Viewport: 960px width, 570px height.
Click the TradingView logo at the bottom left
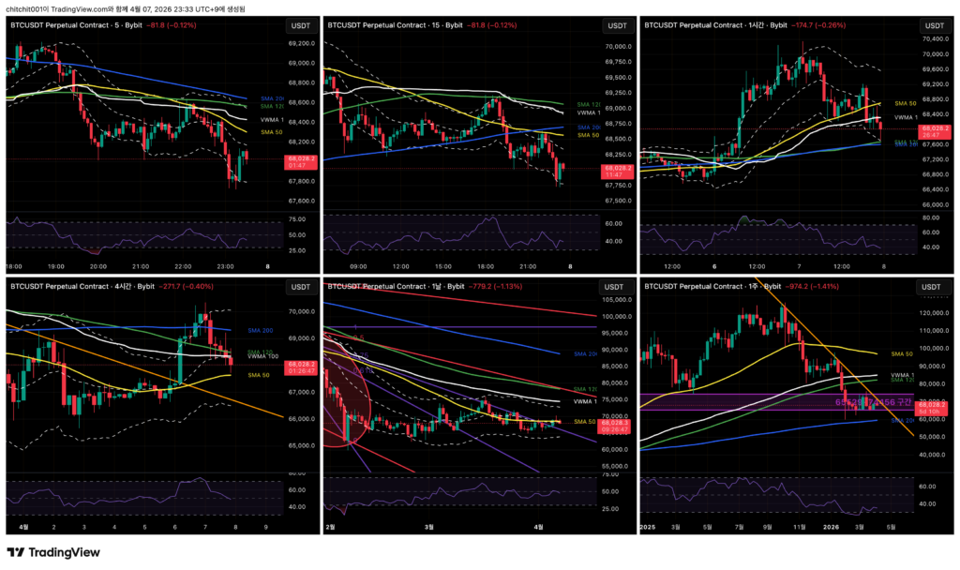tap(53, 552)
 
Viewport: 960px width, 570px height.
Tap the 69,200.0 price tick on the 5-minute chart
tap(301, 43)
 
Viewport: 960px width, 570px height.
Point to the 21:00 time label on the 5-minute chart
tap(141, 266)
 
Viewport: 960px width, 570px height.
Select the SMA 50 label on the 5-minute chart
tap(272, 132)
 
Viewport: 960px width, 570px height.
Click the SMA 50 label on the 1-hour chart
tap(905, 103)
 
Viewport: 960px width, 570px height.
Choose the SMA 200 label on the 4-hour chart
tap(261, 331)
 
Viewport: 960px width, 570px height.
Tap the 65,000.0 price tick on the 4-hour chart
tap(302, 446)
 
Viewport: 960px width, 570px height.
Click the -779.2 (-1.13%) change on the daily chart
tap(504, 286)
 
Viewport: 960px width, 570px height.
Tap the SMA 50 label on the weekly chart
tap(902, 353)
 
